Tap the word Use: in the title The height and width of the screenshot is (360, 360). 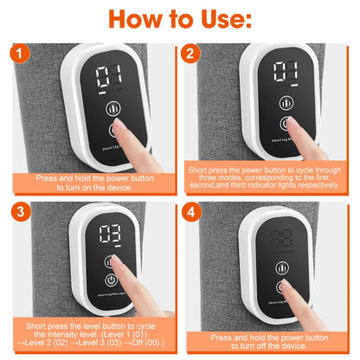tap(229, 19)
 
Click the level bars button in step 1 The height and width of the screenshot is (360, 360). tap(112, 109)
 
